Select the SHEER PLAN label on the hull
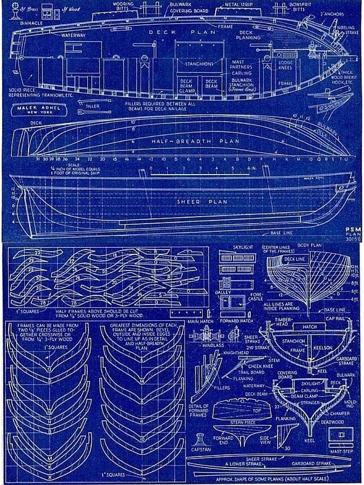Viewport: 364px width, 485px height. pos(195,202)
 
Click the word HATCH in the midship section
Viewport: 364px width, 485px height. pos(310,327)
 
